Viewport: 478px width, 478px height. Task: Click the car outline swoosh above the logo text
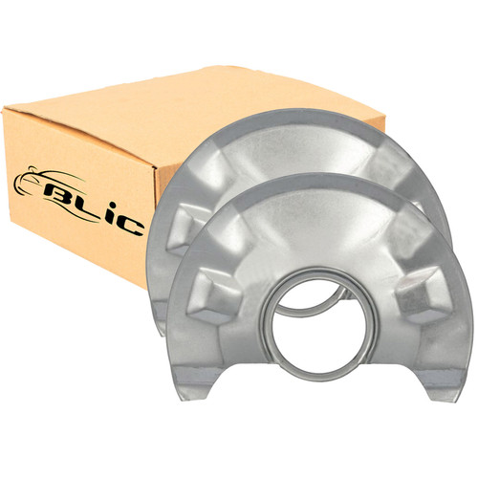click(48, 180)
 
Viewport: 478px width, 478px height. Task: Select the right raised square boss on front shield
click(421, 294)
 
